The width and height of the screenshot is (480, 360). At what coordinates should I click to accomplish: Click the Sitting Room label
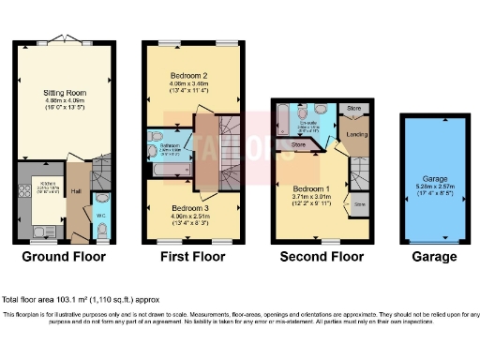[x=64, y=94]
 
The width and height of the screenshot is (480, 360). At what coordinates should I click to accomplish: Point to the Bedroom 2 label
[x=189, y=74]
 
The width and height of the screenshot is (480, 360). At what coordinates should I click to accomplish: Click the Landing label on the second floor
[x=356, y=136]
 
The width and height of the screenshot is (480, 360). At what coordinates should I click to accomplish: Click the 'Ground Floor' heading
[x=64, y=256]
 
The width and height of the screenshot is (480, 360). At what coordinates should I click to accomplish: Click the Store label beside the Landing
[x=352, y=109]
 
